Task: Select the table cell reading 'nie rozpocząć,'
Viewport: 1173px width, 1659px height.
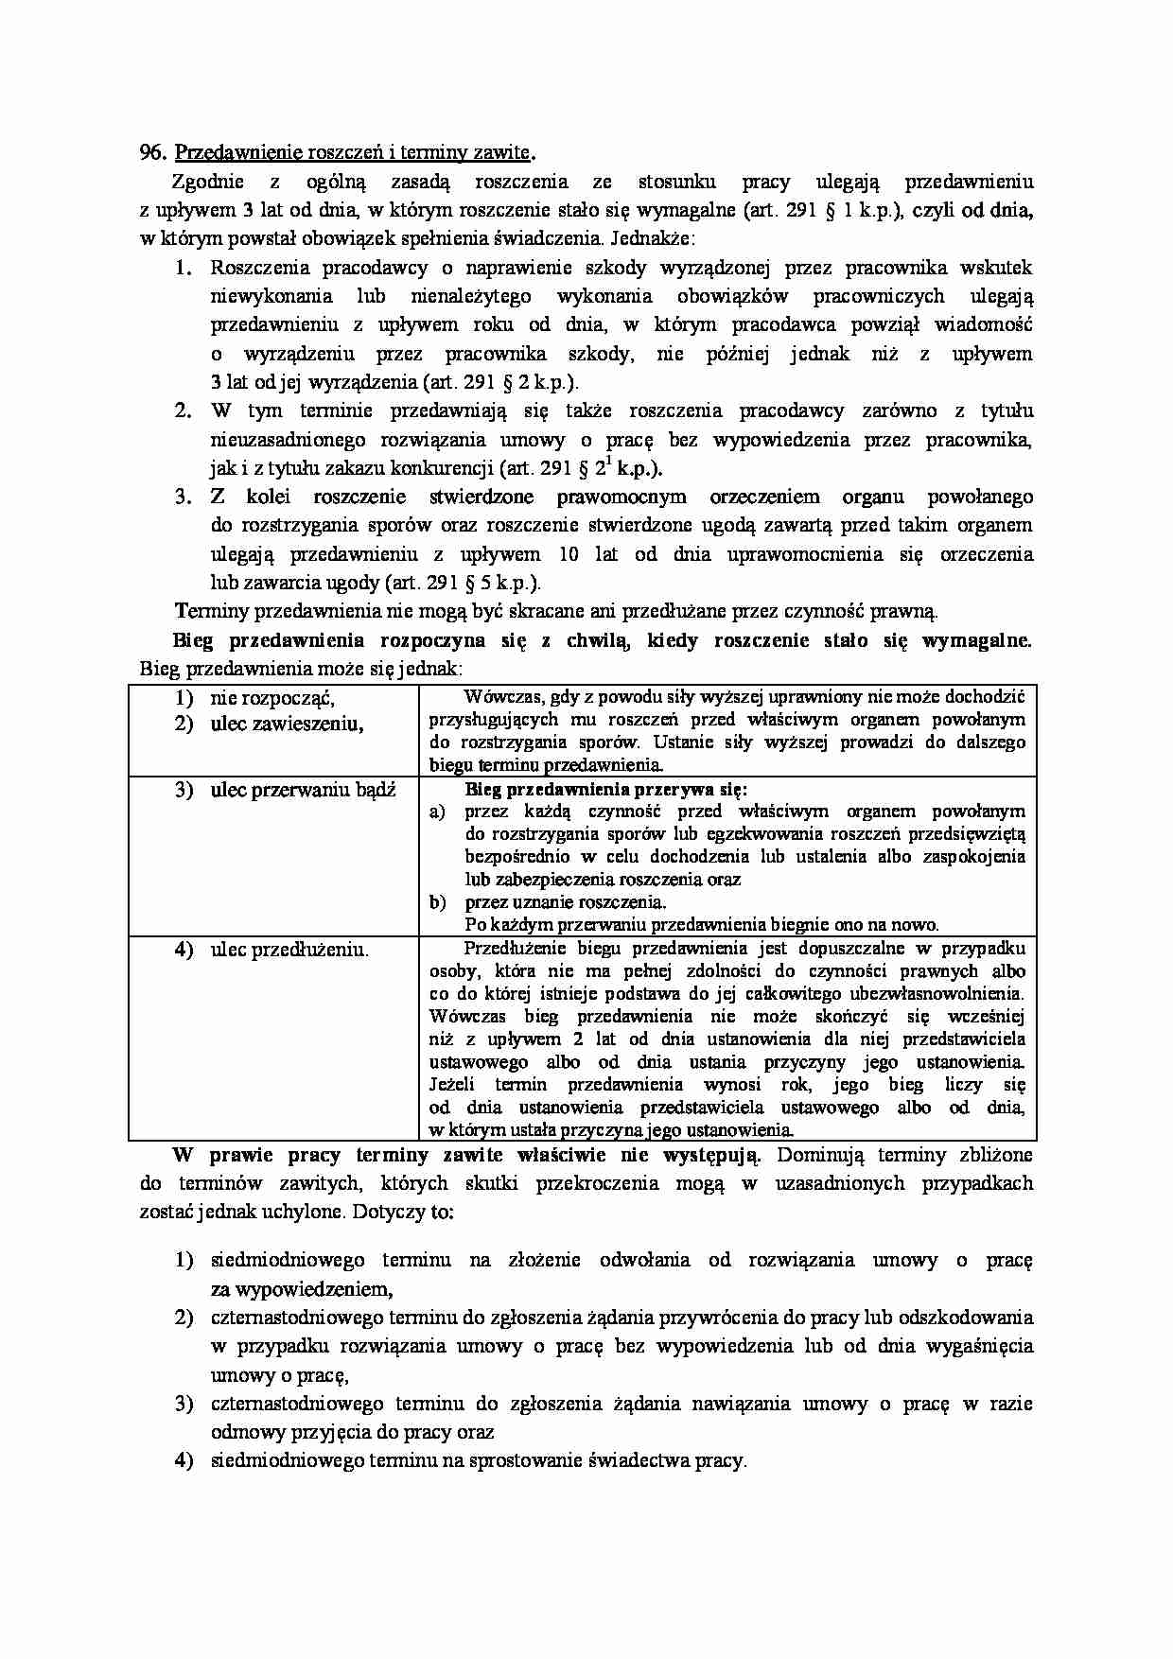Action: (x=272, y=698)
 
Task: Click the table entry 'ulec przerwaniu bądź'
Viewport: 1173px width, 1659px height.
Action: (x=303, y=790)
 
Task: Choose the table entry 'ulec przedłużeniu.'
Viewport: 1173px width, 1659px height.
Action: (x=289, y=950)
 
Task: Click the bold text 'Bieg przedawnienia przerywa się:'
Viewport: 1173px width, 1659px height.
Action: (x=606, y=789)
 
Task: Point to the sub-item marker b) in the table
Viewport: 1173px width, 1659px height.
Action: (x=436, y=902)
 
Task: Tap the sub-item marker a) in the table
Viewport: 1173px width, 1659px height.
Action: (x=436, y=812)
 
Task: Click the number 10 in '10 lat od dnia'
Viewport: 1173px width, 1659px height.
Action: (x=584, y=554)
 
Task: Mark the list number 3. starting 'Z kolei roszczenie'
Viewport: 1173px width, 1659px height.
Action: (x=184, y=497)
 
